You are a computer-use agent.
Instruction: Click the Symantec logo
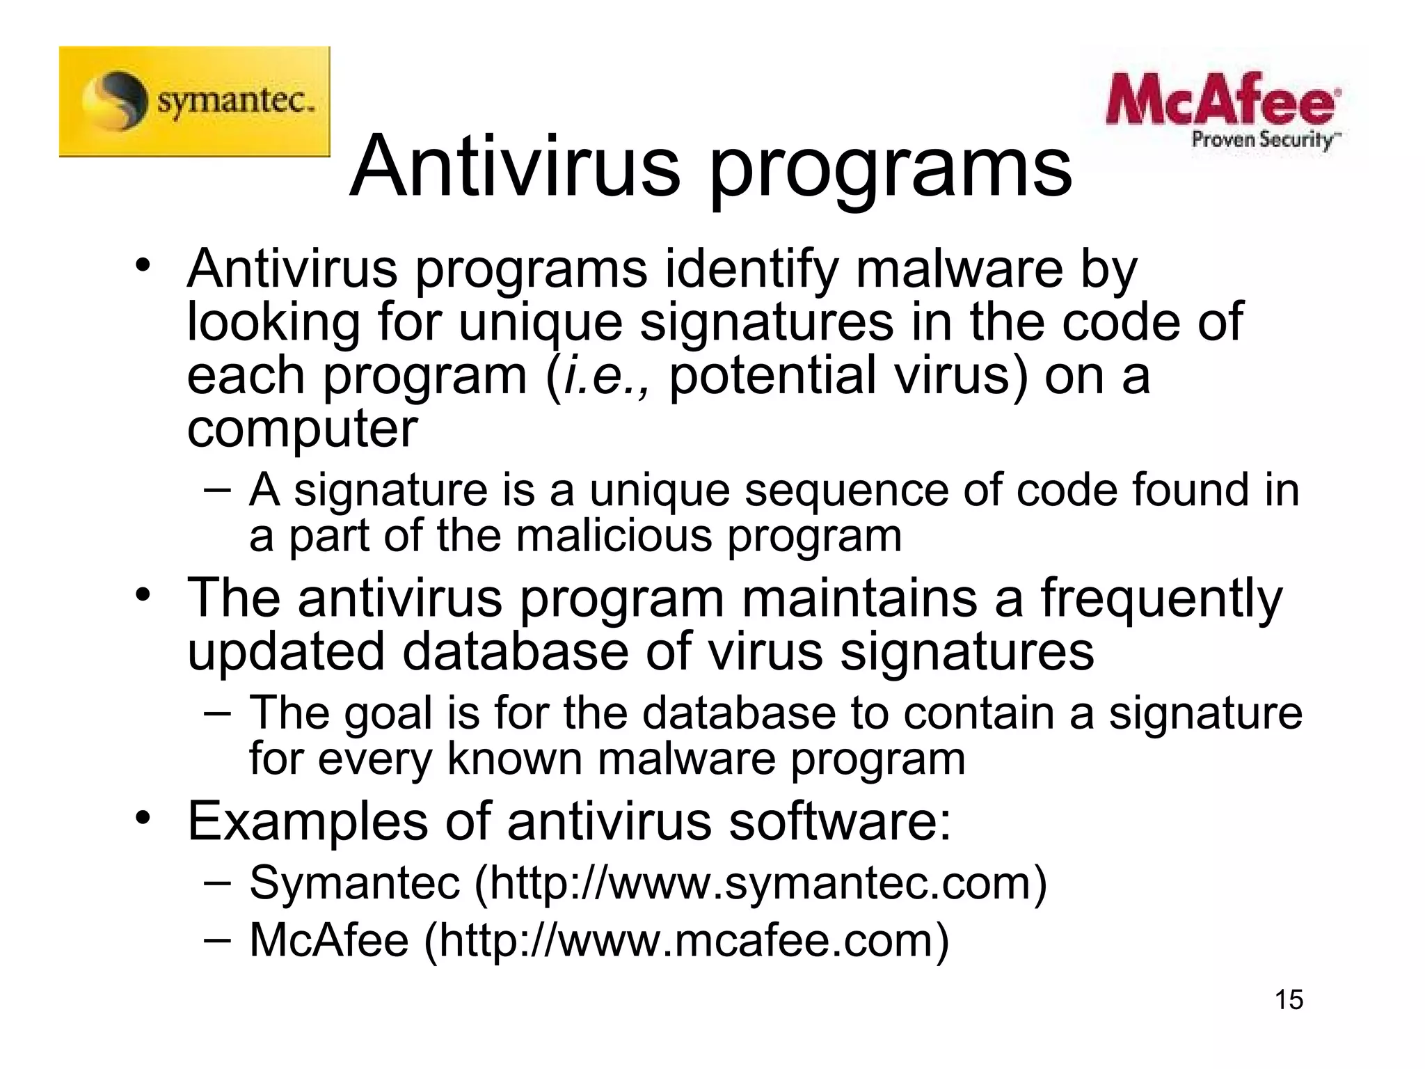(194, 102)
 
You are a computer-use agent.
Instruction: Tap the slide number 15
(1289, 999)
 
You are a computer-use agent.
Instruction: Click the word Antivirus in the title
(515, 167)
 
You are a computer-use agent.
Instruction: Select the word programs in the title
(891, 171)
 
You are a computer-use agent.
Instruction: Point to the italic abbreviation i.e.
(604, 376)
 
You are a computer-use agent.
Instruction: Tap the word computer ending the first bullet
(303, 429)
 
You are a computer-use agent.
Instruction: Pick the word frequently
(1161, 600)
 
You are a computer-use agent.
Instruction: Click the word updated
(286, 652)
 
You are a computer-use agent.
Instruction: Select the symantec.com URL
(761, 884)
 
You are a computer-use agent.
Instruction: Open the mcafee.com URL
(686, 941)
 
